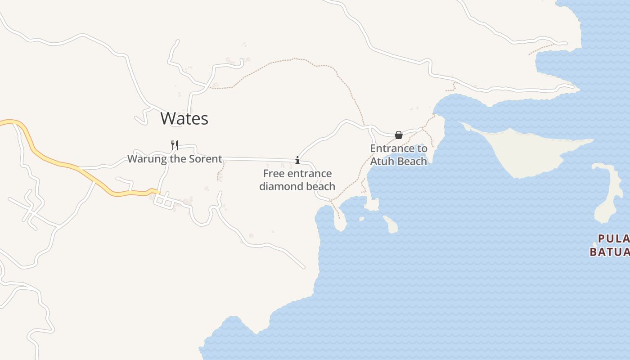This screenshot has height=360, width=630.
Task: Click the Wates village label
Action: (184, 118)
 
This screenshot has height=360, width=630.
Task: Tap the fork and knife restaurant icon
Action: (175, 145)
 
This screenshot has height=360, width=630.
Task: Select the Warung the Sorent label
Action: (175, 159)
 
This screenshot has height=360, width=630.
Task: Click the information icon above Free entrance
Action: (297, 160)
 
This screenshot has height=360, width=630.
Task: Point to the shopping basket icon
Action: (398, 135)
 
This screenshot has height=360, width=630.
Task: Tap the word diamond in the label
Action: (279, 186)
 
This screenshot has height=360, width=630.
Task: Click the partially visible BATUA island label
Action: (610, 252)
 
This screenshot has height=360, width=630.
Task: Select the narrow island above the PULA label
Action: (610, 193)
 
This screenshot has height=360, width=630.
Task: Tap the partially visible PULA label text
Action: (614, 238)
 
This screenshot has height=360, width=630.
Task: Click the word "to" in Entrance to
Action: (422, 148)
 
